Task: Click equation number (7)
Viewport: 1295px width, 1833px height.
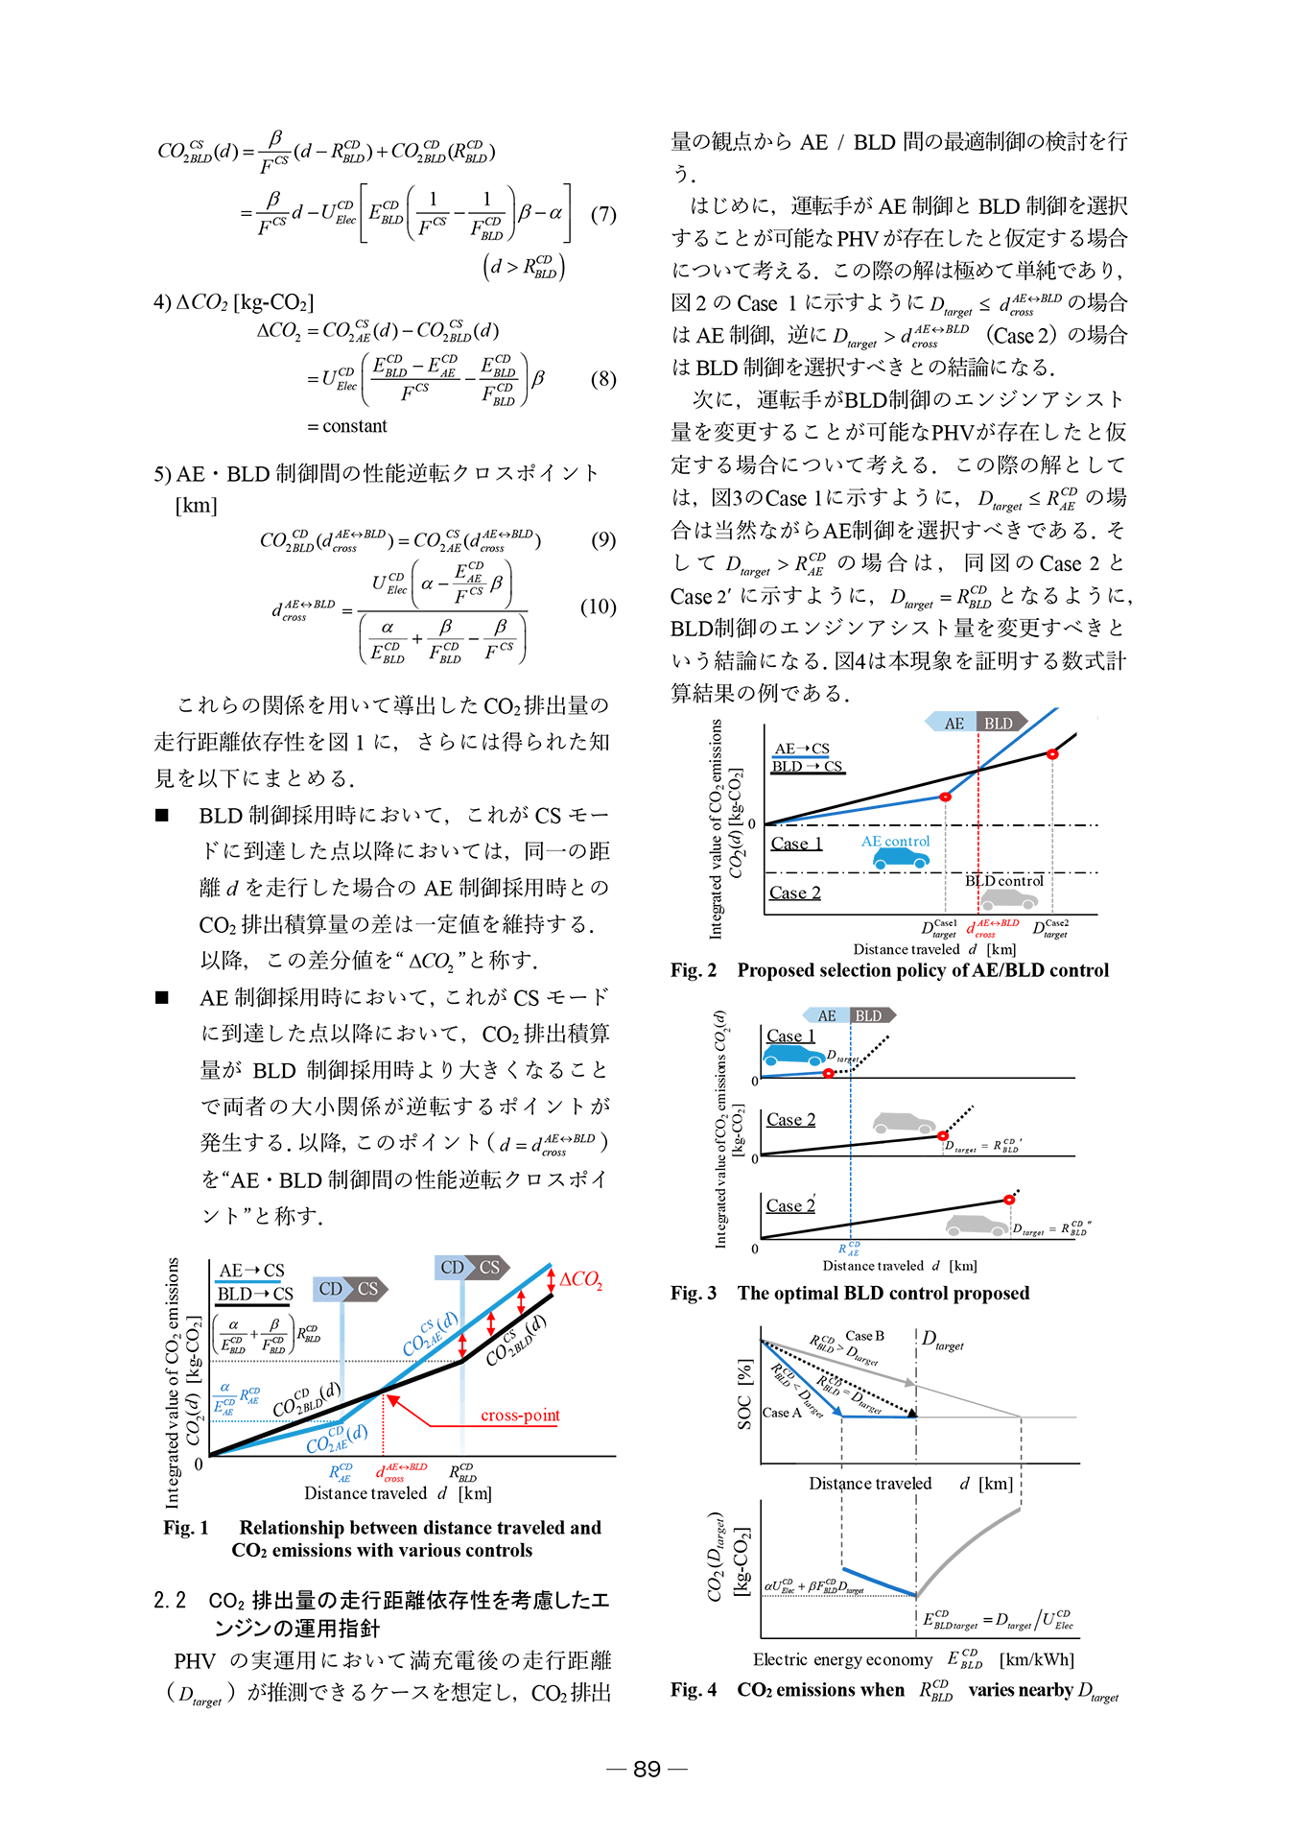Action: click(x=602, y=214)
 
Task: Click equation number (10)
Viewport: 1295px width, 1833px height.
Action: click(x=598, y=607)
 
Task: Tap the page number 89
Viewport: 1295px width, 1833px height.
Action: click(x=647, y=1769)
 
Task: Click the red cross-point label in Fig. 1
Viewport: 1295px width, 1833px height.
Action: click(x=520, y=1416)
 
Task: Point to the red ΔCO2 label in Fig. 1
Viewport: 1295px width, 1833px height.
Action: click(x=581, y=1280)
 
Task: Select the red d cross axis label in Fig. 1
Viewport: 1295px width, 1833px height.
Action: click(x=401, y=1472)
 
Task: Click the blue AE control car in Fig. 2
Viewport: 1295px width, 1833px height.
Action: click(x=901, y=858)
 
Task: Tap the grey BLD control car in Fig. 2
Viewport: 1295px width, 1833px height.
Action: click(x=1008, y=899)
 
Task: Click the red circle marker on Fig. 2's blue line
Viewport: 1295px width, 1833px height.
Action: click(x=945, y=797)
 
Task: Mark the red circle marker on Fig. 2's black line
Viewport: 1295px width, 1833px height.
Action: click(x=1052, y=754)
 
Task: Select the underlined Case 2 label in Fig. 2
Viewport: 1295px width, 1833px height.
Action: click(x=795, y=893)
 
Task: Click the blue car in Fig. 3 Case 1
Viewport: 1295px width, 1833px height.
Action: click(x=793, y=1055)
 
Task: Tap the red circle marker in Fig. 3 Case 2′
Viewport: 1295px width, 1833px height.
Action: click(x=1009, y=1200)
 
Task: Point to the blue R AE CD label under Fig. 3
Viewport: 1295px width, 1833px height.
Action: click(x=849, y=1249)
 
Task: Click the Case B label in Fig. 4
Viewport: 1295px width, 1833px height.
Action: click(x=864, y=1336)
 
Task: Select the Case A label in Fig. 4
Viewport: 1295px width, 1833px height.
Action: click(x=782, y=1413)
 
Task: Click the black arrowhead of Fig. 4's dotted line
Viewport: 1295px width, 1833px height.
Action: click(x=912, y=1413)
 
